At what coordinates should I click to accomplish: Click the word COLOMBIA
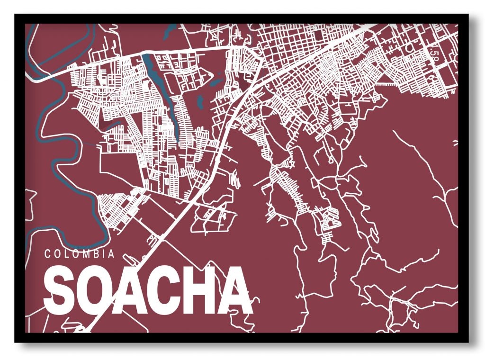point(80,254)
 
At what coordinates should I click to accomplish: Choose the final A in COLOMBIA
point(111,254)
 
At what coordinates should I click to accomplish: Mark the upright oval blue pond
point(199,100)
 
